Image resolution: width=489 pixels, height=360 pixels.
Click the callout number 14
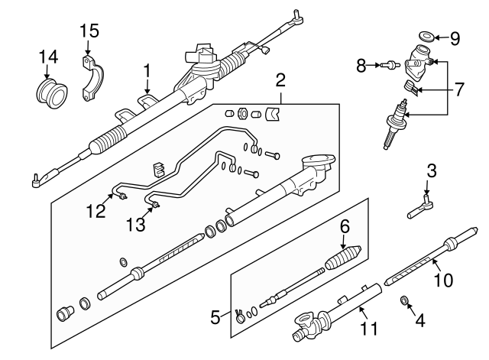tap(48, 57)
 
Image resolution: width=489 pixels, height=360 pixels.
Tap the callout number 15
tap(89, 31)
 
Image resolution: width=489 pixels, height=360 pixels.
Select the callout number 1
tap(148, 73)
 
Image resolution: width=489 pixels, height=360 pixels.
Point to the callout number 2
tap(280, 80)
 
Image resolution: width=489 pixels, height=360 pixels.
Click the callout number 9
tap(454, 36)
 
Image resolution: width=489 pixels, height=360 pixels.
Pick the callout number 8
tap(362, 66)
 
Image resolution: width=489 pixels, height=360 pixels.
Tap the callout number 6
tap(345, 226)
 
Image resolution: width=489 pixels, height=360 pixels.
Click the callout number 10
tap(443, 281)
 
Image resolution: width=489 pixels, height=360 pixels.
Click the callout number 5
tap(216, 314)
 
